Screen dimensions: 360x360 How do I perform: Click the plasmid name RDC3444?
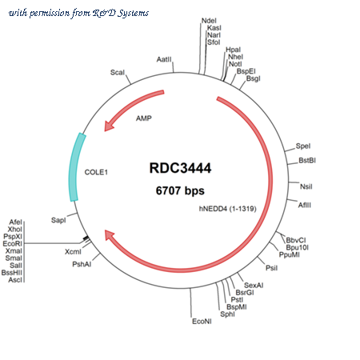pos(180,168)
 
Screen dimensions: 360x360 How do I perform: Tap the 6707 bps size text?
pos(180,190)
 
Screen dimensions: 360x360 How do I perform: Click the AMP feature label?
pos(144,118)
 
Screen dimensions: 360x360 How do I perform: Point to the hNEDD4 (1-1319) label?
pos(228,209)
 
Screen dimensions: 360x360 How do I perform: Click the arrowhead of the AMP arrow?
pos(109,126)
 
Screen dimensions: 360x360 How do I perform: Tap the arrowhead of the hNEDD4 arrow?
pos(109,235)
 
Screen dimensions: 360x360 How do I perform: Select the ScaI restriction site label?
pos(118,72)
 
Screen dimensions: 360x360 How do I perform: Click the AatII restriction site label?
pos(164,59)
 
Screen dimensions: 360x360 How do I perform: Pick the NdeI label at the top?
pos(209,21)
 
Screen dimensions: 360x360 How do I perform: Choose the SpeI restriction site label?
pos(303,146)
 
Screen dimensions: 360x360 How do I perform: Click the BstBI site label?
pos(307,160)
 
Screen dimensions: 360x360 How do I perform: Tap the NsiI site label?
pos(306,186)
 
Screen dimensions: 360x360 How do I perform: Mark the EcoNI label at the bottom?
pos(202,322)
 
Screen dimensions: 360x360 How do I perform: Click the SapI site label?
pos(58,220)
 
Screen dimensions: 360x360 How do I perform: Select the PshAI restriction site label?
pos(82,264)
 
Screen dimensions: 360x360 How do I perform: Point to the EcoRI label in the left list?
pos(12,243)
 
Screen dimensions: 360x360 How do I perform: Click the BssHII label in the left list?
pos(12,273)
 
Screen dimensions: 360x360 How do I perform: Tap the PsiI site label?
pos(271,268)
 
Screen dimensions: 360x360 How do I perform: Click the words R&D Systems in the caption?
pos(121,13)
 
